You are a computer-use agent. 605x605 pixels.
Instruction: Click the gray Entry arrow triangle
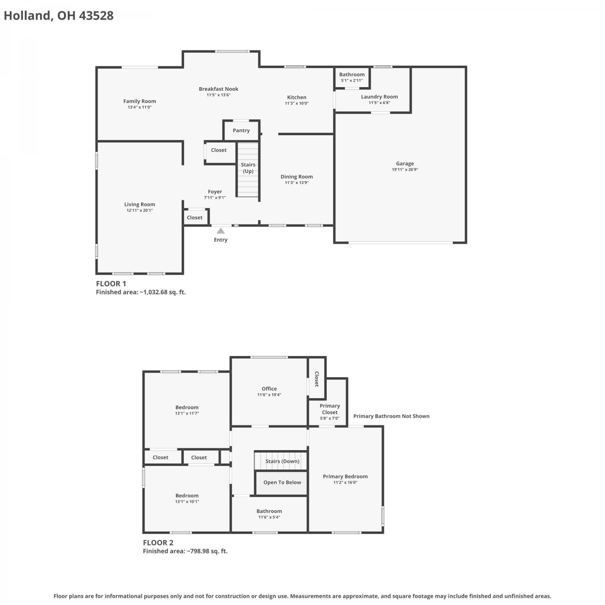(221, 231)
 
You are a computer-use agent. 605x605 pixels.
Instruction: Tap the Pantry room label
(241, 130)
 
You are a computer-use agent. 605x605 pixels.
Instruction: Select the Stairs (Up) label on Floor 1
(248, 168)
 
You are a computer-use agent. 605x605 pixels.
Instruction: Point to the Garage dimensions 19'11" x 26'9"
(405, 169)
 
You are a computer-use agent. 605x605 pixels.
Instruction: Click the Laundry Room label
(380, 97)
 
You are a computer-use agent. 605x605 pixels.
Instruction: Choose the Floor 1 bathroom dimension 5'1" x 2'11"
(352, 80)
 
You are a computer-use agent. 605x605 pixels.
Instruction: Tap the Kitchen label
(297, 97)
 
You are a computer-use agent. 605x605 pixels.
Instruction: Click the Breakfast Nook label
(219, 89)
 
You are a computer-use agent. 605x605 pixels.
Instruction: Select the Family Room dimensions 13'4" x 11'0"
(140, 107)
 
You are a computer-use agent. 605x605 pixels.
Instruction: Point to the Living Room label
(140, 204)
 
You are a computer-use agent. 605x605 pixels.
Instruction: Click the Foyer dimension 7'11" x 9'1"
(215, 198)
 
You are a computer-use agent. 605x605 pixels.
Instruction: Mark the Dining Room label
(297, 177)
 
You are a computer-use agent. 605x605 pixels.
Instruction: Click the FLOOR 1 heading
(111, 284)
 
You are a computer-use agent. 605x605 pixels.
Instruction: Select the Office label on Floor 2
(269, 389)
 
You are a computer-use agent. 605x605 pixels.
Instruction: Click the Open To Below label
(282, 482)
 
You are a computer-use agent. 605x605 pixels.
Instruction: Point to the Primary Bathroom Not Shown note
(391, 416)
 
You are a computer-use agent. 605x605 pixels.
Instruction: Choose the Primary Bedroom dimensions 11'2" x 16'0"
(345, 482)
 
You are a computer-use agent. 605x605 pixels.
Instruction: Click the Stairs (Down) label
(282, 461)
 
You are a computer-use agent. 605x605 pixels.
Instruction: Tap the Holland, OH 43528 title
(59, 16)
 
